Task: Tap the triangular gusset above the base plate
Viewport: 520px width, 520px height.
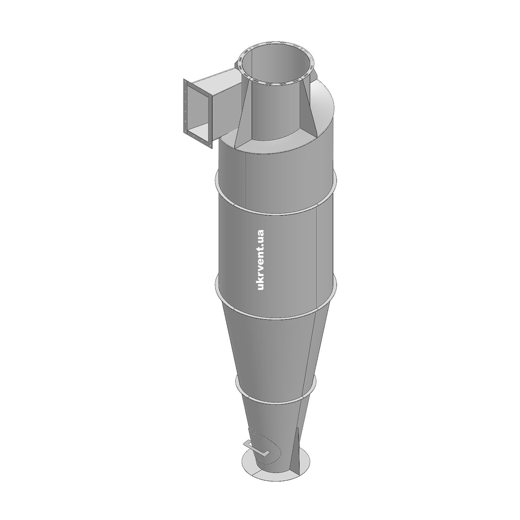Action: click(x=295, y=451)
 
